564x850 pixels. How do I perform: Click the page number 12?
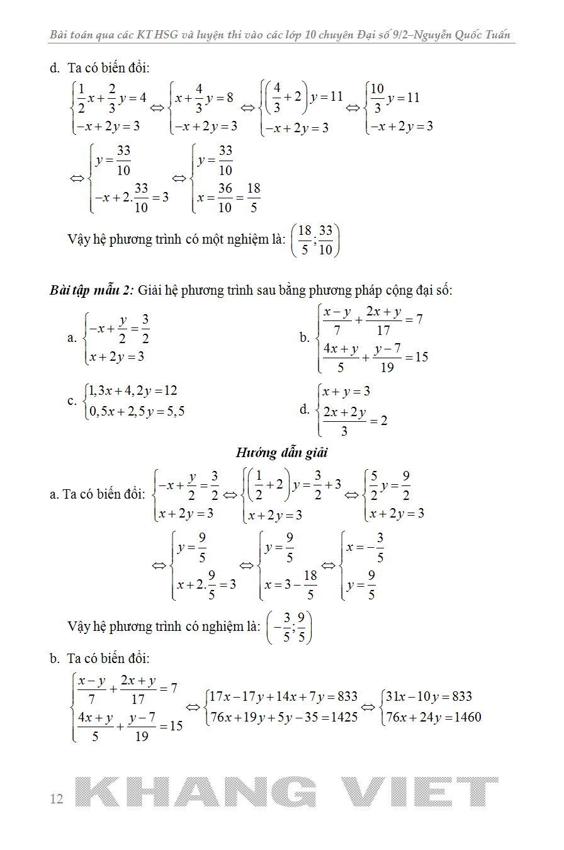[57, 799]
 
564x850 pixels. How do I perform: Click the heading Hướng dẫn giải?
[282, 452]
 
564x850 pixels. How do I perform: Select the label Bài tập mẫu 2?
[92, 290]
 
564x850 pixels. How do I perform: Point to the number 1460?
[465, 717]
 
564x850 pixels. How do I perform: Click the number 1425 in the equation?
[343, 717]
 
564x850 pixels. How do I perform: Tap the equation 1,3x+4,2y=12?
[133, 391]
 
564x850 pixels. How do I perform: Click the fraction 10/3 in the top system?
[377, 98]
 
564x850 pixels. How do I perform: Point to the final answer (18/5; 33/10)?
[315, 240]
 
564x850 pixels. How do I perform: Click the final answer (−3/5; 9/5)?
[290, 628]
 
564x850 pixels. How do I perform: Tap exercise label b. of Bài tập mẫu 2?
[305, 337]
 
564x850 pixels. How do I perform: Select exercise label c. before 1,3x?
[72, 401]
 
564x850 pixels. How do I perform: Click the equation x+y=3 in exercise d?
[346, 392]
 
